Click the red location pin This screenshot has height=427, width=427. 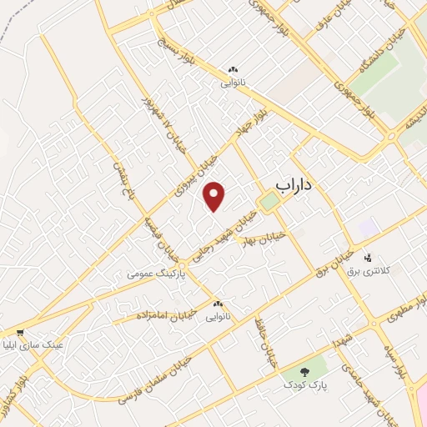(215, 195)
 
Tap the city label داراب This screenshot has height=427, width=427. (297, 188)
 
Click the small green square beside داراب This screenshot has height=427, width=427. (269, 202)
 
